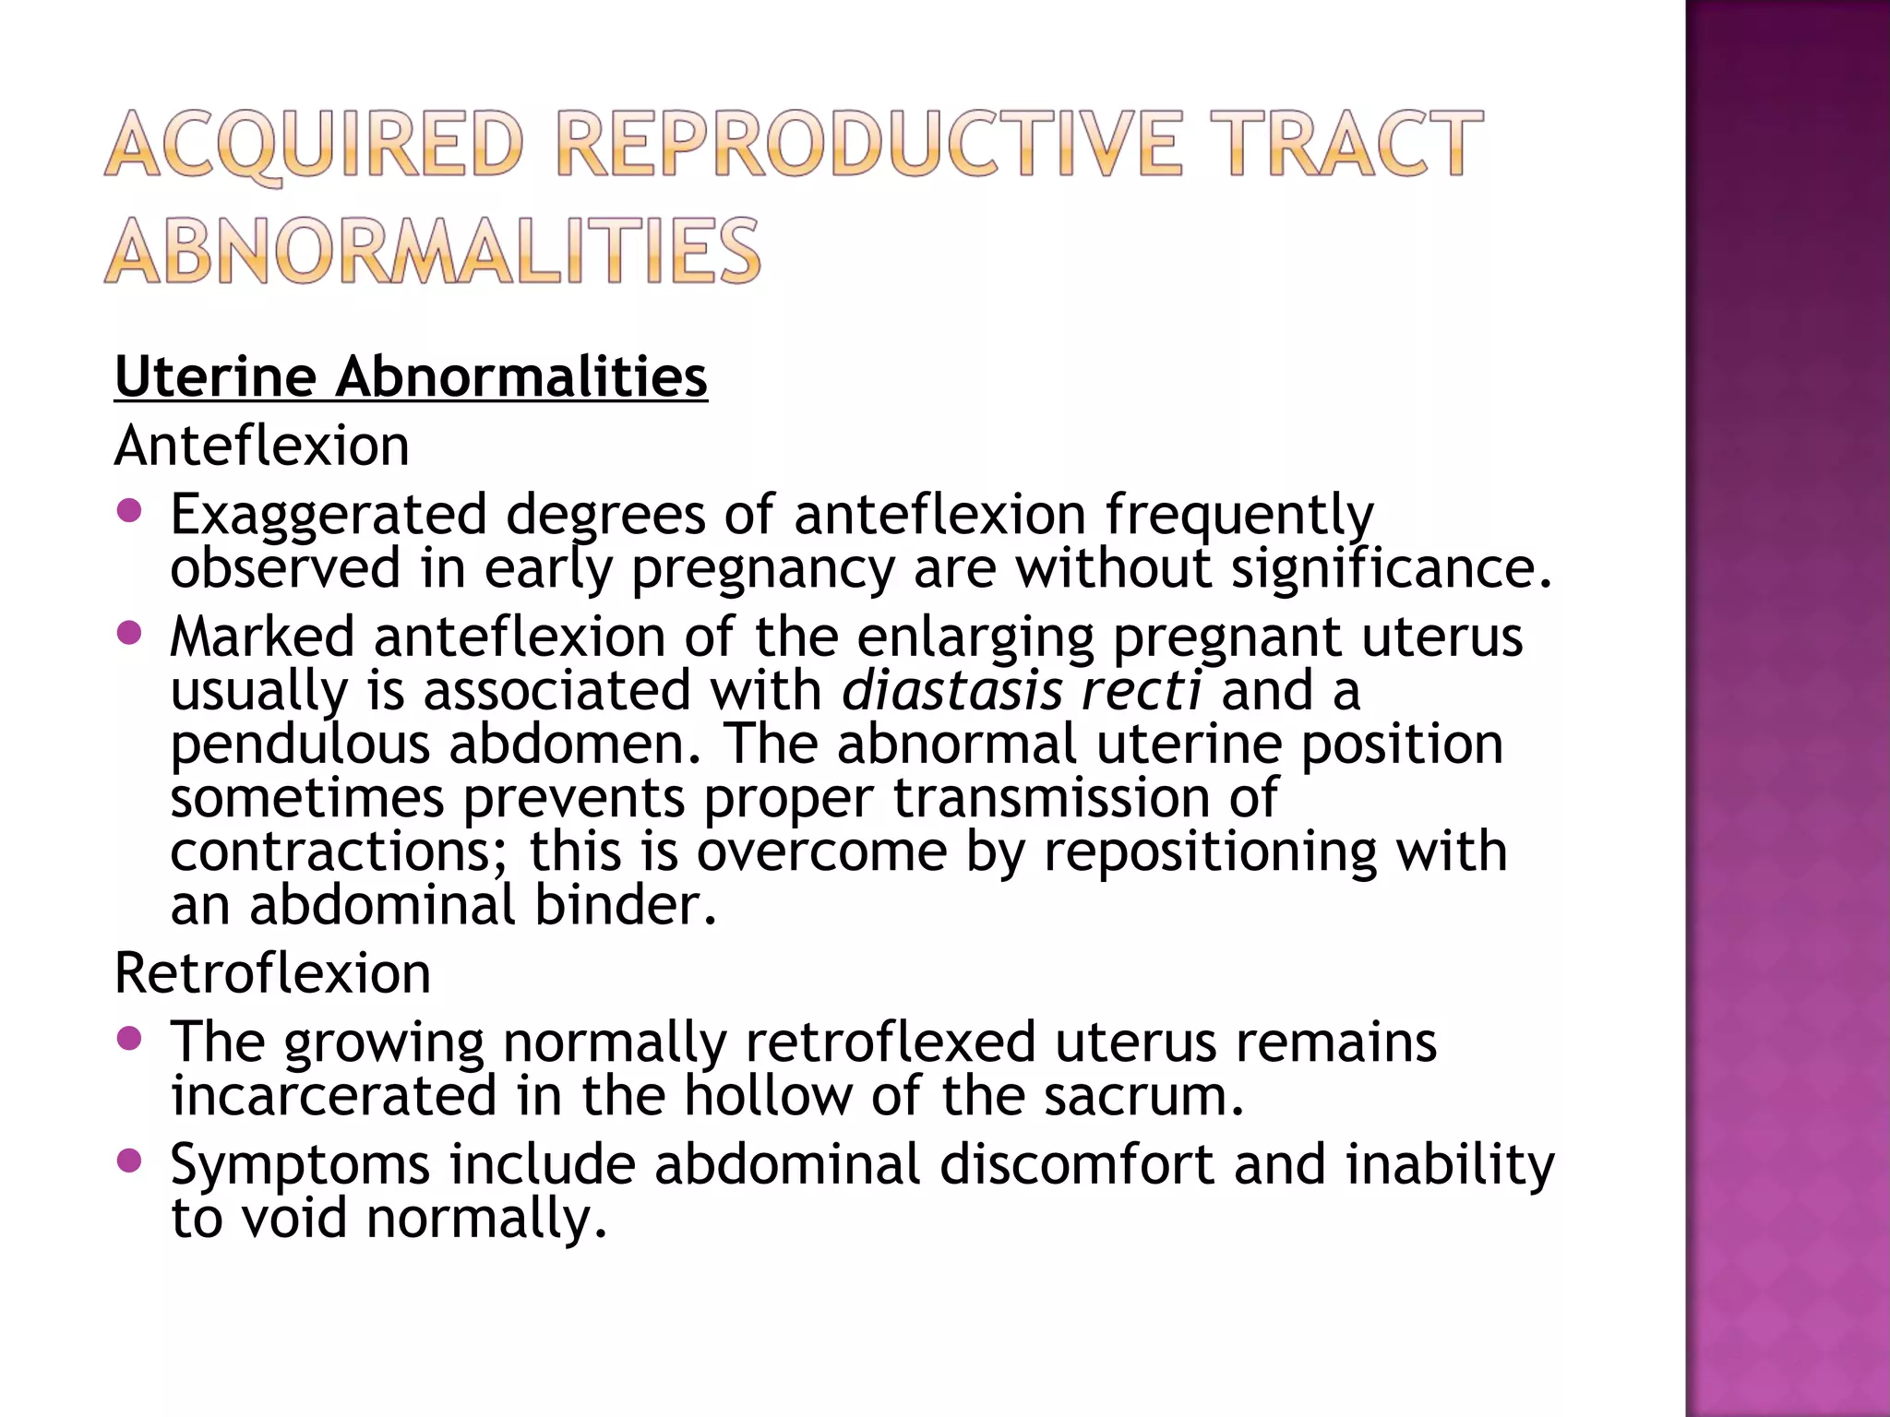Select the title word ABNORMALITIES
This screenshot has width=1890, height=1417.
point(433,250)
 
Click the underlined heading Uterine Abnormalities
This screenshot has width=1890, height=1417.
point(411,377)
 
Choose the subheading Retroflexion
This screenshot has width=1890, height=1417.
point(272,972)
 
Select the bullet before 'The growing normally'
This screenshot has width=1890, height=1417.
point(131,1039)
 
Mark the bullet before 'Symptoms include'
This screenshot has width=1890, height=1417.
point(131,1161)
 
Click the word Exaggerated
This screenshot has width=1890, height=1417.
point(328,515)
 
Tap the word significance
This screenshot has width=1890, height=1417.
point(1390,567)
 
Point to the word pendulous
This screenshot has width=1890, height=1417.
point(300,744)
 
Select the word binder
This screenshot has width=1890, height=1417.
point(625,905)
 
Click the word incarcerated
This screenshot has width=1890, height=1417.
point(333,1096)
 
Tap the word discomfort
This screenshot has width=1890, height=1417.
point(1076,1164)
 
